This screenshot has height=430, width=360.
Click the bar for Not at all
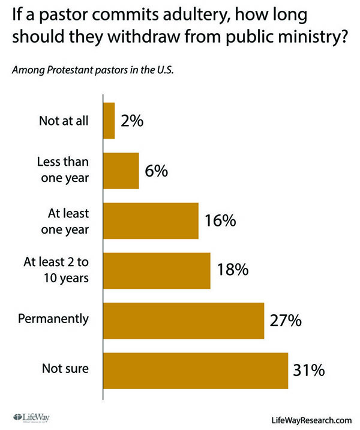pos(109,121)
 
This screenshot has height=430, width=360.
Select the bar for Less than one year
pos(121,171)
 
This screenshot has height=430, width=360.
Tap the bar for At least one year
pos(151,220)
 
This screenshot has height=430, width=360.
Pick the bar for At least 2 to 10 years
pos(157,270)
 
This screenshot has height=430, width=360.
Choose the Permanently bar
pos(184,320)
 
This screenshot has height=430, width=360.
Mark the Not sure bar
pos(196,370)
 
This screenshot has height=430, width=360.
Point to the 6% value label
pos(157,171)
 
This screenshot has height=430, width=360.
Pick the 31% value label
pos(309,370)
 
